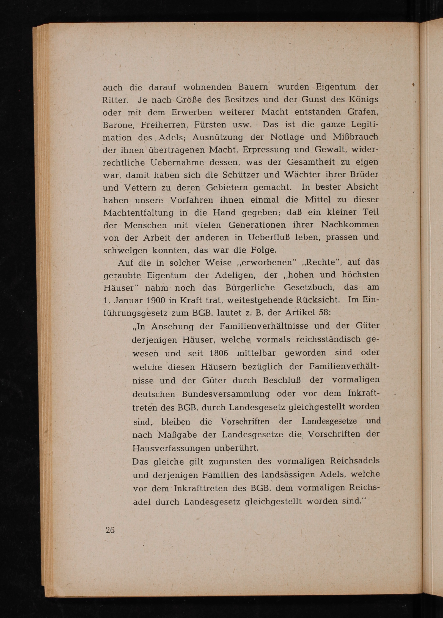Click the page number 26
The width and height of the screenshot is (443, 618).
pos(110,530)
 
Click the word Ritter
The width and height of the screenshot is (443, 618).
pos(115,100)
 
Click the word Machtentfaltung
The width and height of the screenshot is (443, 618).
pos(138,213)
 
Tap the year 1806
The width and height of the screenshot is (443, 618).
pos(219,353)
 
